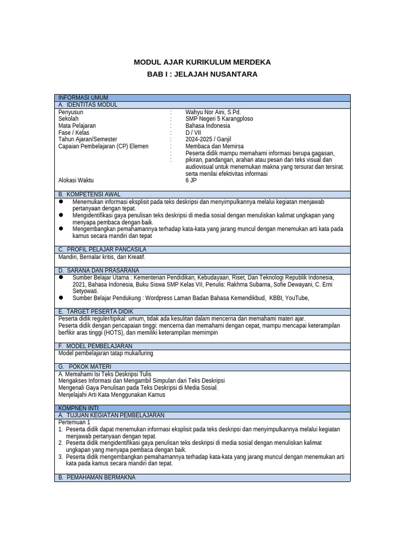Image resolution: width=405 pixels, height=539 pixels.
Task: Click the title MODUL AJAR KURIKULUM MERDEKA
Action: [202, 62]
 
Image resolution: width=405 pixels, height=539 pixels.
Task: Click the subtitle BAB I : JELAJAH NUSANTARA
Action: [202, 74]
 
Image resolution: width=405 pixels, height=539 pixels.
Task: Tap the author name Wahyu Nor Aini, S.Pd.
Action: [213, 112]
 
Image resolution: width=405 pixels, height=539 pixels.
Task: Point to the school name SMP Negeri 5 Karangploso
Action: [219, 119]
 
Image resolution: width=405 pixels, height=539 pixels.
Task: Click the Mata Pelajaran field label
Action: [77, 126]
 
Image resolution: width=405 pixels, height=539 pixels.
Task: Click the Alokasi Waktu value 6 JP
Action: [190, 180]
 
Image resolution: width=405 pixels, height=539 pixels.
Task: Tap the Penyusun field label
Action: [71, 112]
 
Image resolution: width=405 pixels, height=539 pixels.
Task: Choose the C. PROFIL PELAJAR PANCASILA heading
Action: [102, 249]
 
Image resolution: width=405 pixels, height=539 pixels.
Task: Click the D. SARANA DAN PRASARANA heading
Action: [99, 270]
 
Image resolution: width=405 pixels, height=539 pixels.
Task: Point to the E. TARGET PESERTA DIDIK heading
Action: [96, 312]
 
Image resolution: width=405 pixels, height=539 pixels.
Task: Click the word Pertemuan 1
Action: [74, 422]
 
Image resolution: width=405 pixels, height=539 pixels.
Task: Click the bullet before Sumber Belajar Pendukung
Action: [61, 297]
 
